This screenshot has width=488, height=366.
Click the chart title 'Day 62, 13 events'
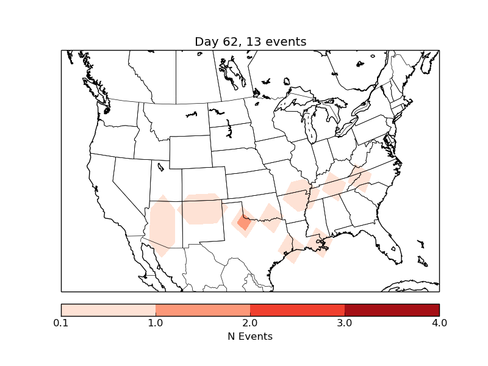click(x=250, y=41)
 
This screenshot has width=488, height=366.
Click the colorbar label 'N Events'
click(x=250, y=336)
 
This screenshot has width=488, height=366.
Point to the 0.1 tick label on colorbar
click(x=61, y=323)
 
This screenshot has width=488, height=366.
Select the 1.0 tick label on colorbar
click(x=156, y=323)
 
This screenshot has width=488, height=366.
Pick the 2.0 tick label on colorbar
click(x=250, y=323)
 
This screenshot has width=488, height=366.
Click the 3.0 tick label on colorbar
click(x=345, y=323)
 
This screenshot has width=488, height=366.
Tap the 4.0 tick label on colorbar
click(x=439, y=323)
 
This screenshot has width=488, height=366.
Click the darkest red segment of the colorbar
click(x=392, y=310)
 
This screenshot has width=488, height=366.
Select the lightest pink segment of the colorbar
click(x=109, y=310)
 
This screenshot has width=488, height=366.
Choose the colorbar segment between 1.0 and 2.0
click(x=203, y=310)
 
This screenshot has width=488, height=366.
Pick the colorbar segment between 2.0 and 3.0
click(x=297, y=310)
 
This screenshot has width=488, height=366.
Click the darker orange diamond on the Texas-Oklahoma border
click(x=244, y=223)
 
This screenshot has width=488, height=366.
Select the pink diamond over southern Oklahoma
click(x=269, y=218)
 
